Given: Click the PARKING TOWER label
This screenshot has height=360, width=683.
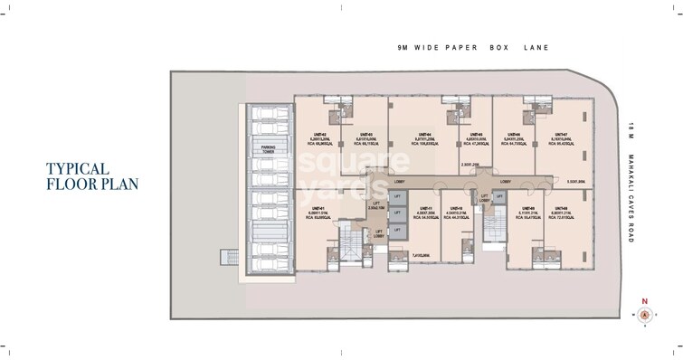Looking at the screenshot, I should [x=269, y=149].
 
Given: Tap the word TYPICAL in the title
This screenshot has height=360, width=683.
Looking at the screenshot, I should [x=79, y=169].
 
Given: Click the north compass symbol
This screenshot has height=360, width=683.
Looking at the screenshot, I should [x=645, y=314].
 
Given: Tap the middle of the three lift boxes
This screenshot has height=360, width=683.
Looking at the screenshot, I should [x=394, y=213].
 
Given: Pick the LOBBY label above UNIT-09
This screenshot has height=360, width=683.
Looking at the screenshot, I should [x=505, y=181].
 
